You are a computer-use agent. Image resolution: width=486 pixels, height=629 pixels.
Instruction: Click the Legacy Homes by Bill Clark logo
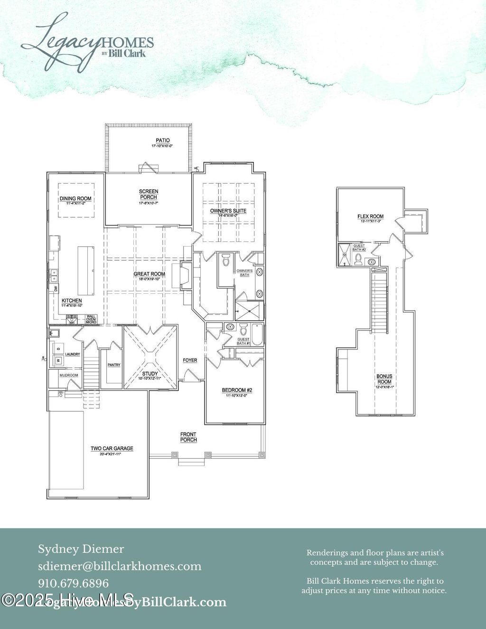coord(87,42)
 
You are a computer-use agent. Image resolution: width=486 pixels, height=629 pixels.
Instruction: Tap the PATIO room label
coord(162,141)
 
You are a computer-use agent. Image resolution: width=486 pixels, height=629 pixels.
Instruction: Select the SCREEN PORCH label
coord(149,194)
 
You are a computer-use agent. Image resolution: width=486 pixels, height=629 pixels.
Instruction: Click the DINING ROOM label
coord(75,199)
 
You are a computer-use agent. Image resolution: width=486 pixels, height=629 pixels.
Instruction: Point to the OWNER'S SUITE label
coord(228,211)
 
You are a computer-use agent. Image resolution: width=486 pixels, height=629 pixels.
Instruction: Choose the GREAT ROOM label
coord(149,274)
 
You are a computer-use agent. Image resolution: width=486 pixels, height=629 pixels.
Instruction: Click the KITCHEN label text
coord(72,301)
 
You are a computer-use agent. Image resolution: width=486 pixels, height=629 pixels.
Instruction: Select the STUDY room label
coord(150,374)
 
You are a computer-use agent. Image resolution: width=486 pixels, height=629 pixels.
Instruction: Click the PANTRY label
coord(114,365)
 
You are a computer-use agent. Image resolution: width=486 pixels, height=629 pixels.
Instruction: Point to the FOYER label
coord(190,361)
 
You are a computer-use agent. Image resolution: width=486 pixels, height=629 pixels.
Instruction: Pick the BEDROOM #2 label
coord(237,390)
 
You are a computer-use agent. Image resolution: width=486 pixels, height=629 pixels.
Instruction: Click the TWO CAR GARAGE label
coord(112,448)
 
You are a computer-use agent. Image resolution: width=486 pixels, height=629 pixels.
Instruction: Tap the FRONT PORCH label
coord(188,437)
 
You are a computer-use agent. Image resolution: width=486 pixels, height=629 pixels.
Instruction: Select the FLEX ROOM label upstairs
coord(370,217)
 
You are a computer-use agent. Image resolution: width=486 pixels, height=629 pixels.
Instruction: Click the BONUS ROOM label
coord(384,379)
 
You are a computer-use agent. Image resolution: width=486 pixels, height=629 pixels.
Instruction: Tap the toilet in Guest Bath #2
coord(359,259)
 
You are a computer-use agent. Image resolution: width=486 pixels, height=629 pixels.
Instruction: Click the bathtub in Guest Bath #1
coord(257,334)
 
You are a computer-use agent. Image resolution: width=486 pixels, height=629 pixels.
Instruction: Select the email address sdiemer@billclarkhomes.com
coord(120,566)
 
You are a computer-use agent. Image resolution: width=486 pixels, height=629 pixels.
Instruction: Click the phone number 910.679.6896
coord(74,583)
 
